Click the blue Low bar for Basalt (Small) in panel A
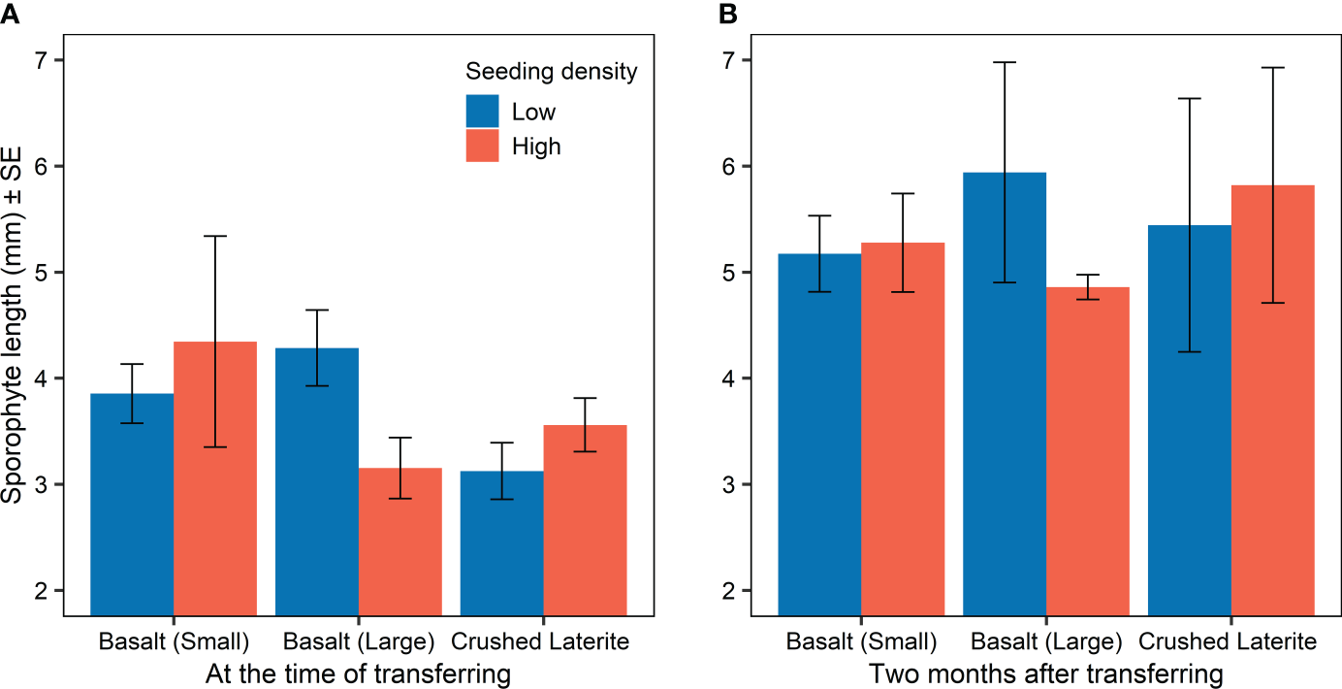tap(132, 505)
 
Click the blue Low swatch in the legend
tap(482, 111)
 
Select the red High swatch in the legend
tap(482, 146)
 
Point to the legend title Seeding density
tap(551, 71)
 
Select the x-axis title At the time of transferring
tap(358, 673)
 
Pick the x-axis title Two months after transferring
tap(1045, 673)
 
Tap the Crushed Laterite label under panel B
tap(1227, 641)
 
